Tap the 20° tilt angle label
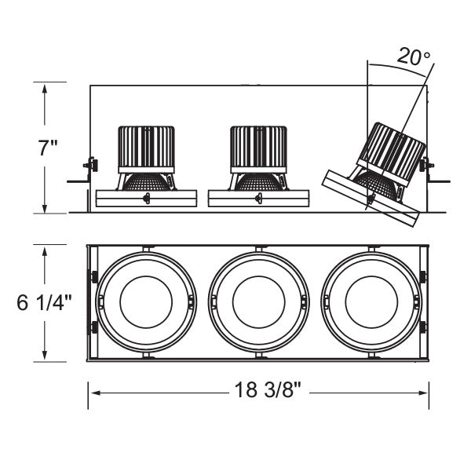(x=413, y=57)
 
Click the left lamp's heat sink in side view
(x=145, y=147)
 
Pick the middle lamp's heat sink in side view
(x=257, y=147)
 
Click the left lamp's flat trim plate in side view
(x=145, y=198)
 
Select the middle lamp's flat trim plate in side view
(x=257, y=198)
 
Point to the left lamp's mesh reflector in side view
(x=145, y=180)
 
